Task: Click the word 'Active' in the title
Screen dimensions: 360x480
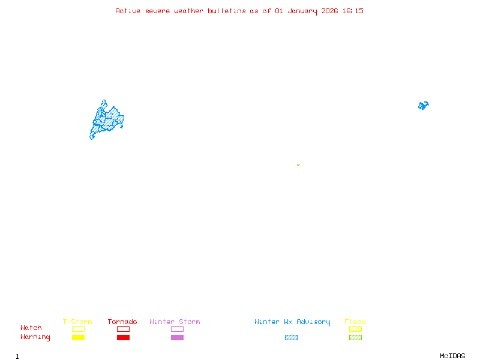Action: [128, 11]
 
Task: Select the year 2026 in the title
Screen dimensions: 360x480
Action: [330, 11]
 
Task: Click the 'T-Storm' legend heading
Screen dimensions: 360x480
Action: [77, 322]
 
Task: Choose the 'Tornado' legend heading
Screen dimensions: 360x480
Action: [122, 322]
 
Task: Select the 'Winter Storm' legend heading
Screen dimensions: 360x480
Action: [175, 322]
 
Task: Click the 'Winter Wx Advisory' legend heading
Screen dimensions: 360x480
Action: [292, 322]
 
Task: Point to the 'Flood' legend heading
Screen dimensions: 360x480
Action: [355, 322]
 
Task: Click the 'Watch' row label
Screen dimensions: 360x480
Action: [31, 328]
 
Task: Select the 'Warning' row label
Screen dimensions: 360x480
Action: [35, 337]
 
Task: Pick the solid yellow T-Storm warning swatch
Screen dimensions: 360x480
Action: [78, 338]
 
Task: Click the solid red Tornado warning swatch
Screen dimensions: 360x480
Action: [123, 338]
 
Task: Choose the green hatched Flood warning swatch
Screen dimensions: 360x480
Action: [355, 338]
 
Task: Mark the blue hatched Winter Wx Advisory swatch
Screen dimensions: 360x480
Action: [291, 338]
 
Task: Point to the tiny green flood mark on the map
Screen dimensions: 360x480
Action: [298, 164]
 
